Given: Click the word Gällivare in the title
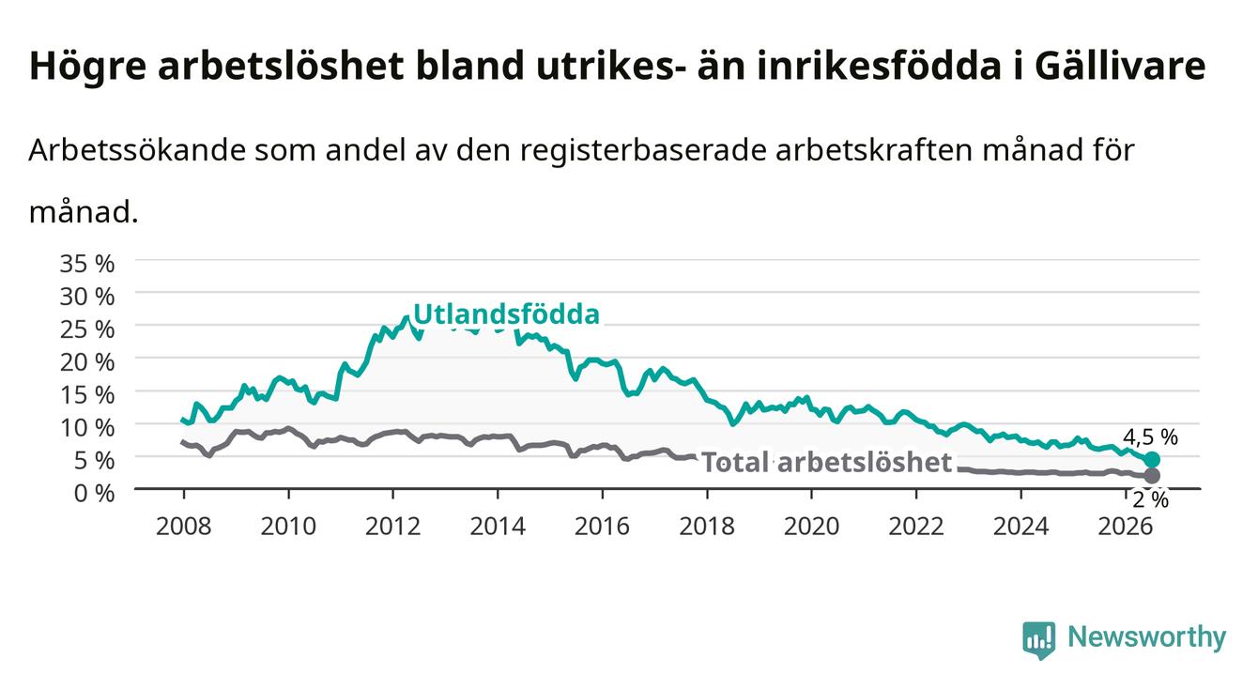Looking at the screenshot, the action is (x=1120, y=66).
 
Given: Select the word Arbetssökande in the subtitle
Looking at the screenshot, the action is (x=138, y=150).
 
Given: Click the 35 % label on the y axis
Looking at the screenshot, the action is (x=87, y=263).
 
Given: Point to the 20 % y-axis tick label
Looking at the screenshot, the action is (x=87, y=361).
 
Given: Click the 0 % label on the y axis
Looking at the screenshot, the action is (x=94, y=493).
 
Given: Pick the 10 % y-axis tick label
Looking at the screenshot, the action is (x=87, y=427).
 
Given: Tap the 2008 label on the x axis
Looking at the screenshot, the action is (x=184, y=527).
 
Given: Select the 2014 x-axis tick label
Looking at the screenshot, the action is (x=498, y=527).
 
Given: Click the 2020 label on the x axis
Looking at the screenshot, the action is (x=811, y=527).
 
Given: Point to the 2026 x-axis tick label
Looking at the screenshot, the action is (x=1126, y=527).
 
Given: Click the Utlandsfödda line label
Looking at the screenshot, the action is (x=507, y=314).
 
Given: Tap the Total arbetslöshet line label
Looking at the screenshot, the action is (x=827, y=462).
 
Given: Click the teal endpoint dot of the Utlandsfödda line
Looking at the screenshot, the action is (x=1152, y=459).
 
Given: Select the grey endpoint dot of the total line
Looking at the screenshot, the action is (x=1152, y=476).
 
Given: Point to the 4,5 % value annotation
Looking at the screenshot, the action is (x=1151, y=436).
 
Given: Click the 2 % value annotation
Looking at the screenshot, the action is (x=1151, y=499).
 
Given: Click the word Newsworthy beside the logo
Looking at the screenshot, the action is (x=1147, y=637).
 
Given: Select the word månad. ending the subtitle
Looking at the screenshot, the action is (x=84, y=213).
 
